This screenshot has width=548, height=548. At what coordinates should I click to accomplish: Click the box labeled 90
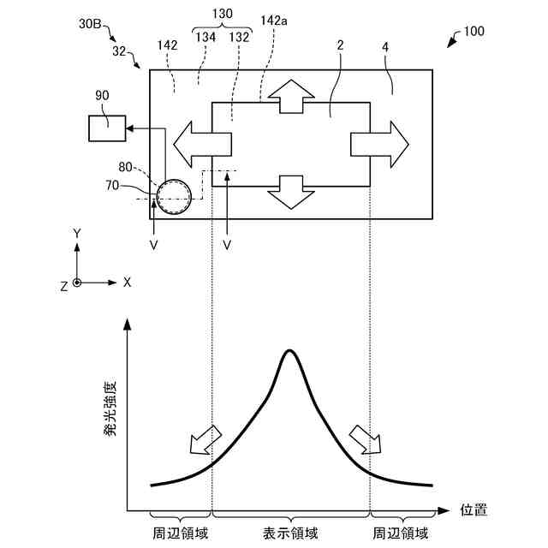(106, 128)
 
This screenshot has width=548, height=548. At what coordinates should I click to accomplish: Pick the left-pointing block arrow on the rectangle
(201, 143)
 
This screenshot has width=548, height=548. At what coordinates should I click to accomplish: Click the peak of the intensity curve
(289, 351)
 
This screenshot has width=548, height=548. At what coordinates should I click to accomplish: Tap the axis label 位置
(474, 510)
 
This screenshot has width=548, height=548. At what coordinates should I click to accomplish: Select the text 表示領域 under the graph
(290, 533)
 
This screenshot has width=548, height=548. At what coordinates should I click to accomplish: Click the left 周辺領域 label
(180, 533)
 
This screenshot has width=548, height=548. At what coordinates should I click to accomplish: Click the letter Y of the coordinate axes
(77, 233)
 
